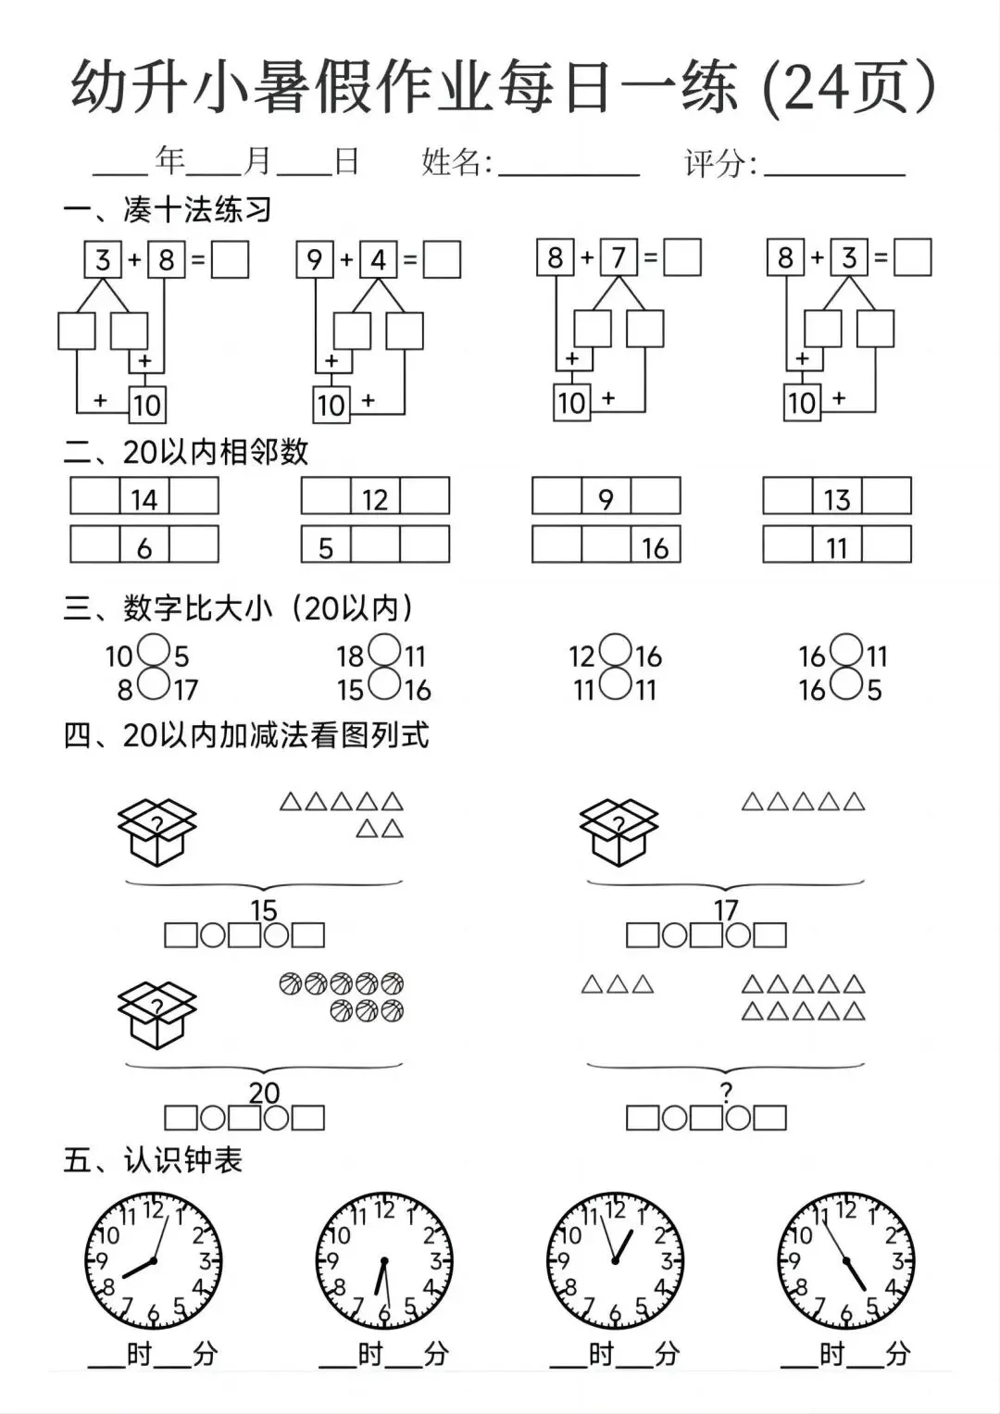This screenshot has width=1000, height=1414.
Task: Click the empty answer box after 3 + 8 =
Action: [x=230, y=259]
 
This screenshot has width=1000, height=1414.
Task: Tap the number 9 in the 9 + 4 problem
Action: [x=315, y=259]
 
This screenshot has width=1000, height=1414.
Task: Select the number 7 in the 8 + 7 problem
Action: [x=619, y=257]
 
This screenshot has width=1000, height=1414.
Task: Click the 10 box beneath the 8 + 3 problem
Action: [x=802, y=403]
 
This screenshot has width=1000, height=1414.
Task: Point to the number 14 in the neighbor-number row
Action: [x=144, y=499]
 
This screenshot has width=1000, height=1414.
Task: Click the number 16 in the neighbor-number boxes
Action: [x=655, y=547]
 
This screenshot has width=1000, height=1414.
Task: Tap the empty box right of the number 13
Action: [x=886, y=496]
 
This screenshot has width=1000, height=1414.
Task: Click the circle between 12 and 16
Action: [x=615, y=651]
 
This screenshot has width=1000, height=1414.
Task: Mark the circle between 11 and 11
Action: [x=615, y=685]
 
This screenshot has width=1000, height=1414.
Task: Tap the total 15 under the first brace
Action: [x=264, y=909]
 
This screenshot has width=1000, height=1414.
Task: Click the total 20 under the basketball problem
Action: [x=264, y=1093]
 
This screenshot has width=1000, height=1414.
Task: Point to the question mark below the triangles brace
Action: [x=726, y=1093]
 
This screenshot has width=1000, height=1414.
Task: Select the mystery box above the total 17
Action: [x=619, y=831]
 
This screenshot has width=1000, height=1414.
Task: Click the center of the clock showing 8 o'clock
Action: [x=153, y=1261]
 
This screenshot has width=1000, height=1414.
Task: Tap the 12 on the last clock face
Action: [x=845, y=1209]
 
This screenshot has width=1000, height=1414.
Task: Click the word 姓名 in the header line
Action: [x=452, y=162]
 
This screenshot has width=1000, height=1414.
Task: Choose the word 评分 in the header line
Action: [x=715, y=164]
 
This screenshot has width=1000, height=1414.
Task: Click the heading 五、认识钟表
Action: [x=153, y=1159]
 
